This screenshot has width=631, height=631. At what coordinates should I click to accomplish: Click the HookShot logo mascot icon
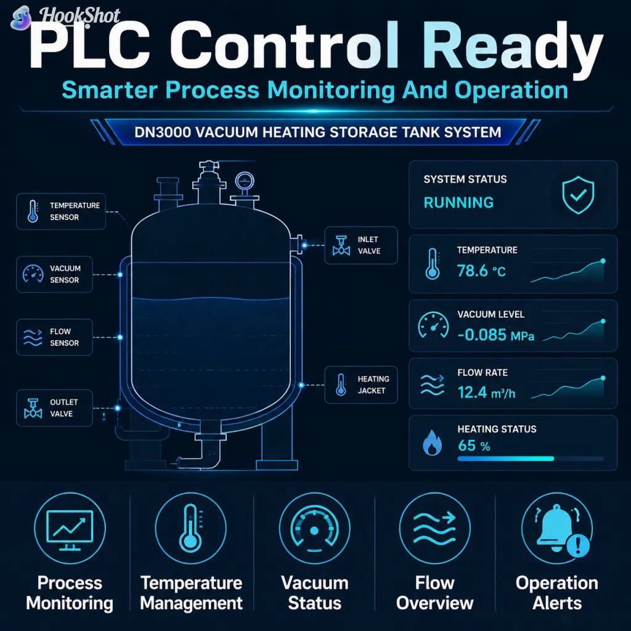[22, 18]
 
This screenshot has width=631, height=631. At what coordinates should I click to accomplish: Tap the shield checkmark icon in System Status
[578, 195]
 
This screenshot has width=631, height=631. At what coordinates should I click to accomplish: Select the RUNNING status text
[458, 202]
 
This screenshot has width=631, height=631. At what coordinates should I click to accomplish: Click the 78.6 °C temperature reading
[481, 271]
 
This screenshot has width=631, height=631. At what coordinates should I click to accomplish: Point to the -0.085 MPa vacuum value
[496, 335]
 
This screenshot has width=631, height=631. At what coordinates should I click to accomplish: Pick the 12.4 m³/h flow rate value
[487, 393]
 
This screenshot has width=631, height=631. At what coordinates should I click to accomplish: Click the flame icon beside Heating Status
[432, 442]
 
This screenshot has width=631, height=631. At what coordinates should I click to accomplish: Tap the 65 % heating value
[474, 446]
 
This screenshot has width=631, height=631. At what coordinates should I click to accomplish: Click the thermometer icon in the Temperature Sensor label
[33, 211]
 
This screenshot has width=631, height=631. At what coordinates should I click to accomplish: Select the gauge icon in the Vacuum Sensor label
[33, 274]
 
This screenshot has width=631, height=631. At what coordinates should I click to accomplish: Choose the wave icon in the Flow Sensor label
[33, 337]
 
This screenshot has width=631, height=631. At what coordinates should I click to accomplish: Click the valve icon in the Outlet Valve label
[33, 408]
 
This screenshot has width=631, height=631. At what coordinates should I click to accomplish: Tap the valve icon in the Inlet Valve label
[341, 245]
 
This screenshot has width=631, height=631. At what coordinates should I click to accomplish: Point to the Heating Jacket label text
[373, 385]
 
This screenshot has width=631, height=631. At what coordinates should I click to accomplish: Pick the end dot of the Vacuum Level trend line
[603, 321]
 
